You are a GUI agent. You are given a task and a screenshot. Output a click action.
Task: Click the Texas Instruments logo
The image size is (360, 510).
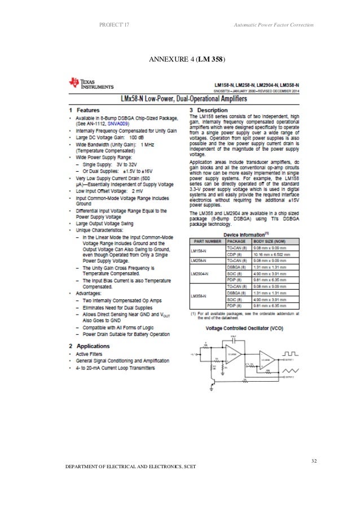pyautogui.click(x=91, y=84)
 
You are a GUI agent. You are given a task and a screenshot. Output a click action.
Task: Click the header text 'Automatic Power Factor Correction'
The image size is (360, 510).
pyautogui.click(x=273, y=28)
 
